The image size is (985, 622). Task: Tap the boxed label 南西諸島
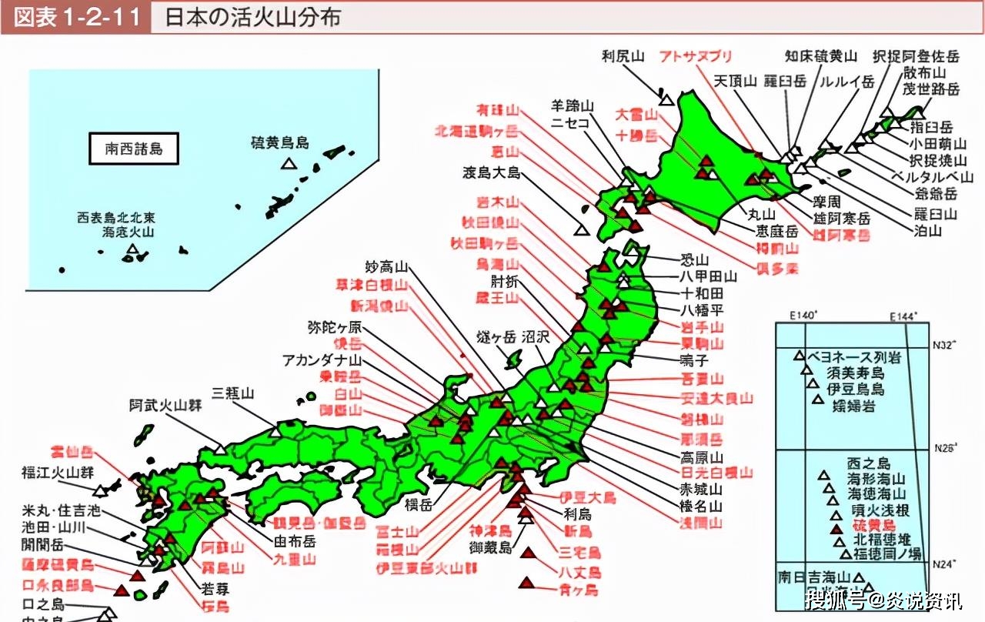click(x=134, y=149)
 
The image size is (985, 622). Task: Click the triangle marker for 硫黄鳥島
click(x=289, y=162)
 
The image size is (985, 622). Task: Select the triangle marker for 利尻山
click(x=666, y=99)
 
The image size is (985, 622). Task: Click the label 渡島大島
click(x=492, y=172)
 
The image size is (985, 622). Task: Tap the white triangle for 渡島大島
click(x=582, y=229)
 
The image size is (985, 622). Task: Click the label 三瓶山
click(x=233, y=393)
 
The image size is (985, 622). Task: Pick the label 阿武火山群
click(x=165, y=406)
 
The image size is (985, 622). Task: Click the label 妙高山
click(x=386, y=268)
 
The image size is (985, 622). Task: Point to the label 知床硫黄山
click(x=821, y=56)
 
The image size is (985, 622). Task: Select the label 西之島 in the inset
click(x=868, y=463)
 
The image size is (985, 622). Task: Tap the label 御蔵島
click(x=491, y=547)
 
